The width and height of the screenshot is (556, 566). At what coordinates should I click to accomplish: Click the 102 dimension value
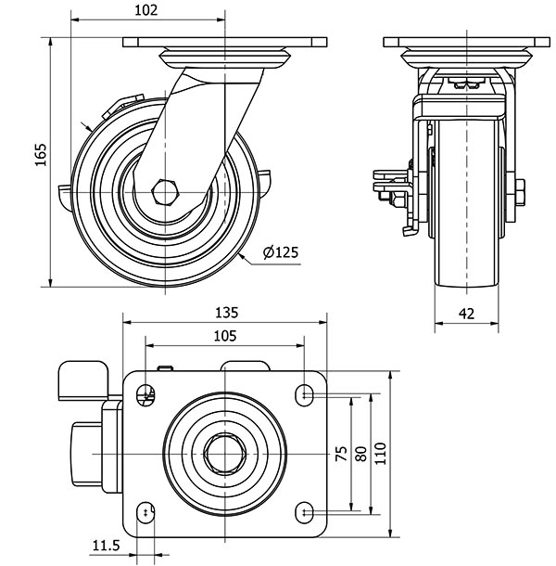[x=146, y=10]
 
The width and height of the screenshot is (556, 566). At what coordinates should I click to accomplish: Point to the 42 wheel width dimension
[x=467, y=314]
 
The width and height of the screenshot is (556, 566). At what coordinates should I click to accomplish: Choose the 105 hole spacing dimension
[x=225, y=335]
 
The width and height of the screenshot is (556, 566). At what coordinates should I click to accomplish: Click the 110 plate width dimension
[x=380, y=454]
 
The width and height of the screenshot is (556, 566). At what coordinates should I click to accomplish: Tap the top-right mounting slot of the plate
[x=305, y=394]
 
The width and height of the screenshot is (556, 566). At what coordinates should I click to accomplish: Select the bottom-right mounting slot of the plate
[x=305, y=512]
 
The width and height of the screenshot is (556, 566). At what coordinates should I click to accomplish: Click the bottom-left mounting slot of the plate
[x=145, y=512]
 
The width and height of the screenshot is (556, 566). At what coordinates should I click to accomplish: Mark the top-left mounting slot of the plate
[x=145, y=394]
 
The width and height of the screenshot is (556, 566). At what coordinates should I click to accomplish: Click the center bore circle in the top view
[x=225, y=454]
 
